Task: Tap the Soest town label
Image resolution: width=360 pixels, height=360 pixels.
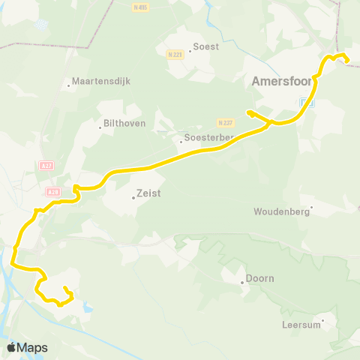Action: [206, 46]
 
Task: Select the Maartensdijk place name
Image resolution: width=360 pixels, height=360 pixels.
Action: [96, 81]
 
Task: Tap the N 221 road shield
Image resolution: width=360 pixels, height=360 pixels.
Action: [175, 54]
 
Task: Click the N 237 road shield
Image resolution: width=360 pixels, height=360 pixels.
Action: [225, 122]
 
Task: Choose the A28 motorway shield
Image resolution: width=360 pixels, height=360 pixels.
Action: [52, 192]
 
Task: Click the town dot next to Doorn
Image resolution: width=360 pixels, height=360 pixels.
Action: [243, 283]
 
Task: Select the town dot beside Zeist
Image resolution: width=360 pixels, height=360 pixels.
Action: [133, 198]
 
